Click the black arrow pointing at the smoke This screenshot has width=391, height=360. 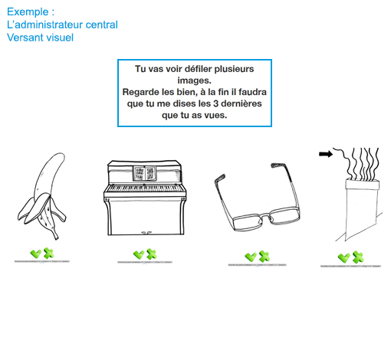point(325,154)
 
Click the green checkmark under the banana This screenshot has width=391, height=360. point(35,254)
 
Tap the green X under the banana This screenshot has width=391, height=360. point(48,254)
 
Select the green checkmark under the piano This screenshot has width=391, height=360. point(138,254)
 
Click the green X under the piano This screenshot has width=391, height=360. point(151,254)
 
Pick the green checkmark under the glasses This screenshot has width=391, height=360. point(250,257)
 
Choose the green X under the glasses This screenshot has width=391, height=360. point(263,257)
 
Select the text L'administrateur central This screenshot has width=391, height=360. point(62,25)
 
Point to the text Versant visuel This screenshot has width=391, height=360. point(40,37)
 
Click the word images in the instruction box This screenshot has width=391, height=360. point(195,80)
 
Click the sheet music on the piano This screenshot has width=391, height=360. point(144,172)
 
